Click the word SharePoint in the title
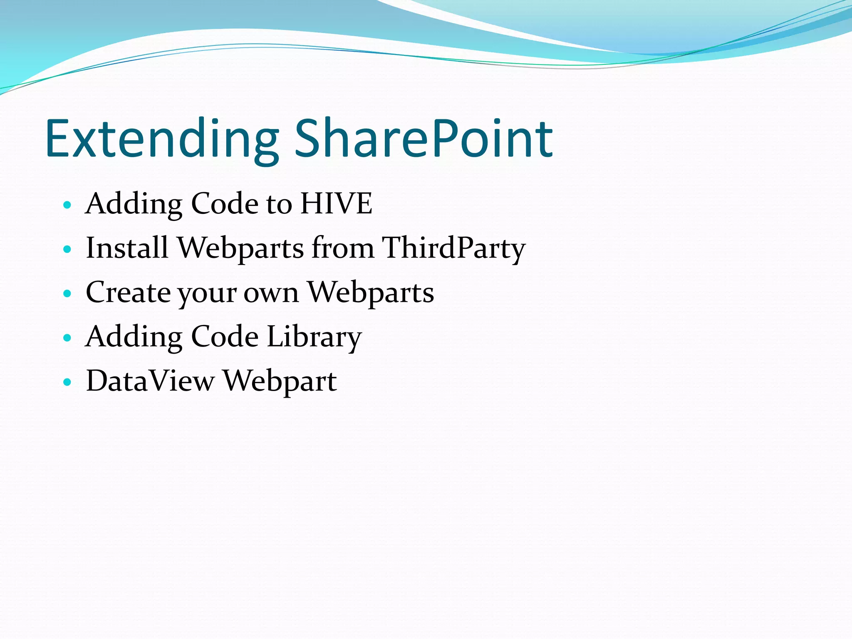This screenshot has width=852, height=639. tap(424, 139)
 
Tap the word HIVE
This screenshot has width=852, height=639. tap(336, 204)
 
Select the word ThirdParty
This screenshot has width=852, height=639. tap(453, 248)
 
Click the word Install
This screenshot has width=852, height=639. tap(127, 248)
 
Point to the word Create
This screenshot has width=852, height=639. tap(128, 292)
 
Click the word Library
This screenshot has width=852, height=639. tap(314, 337)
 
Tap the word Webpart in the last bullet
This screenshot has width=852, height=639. tap(280, 382)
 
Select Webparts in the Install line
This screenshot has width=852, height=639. tap(241, 249)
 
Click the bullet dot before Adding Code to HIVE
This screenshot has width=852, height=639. tap(67, 205)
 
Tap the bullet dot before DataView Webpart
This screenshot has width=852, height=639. tap(67, 382)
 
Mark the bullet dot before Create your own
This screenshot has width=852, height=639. tap(67, 294)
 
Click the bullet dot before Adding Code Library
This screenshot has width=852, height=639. tap(67, 338)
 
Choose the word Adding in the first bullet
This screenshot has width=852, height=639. tap(133, 204)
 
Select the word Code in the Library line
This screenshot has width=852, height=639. tap(225, 337)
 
